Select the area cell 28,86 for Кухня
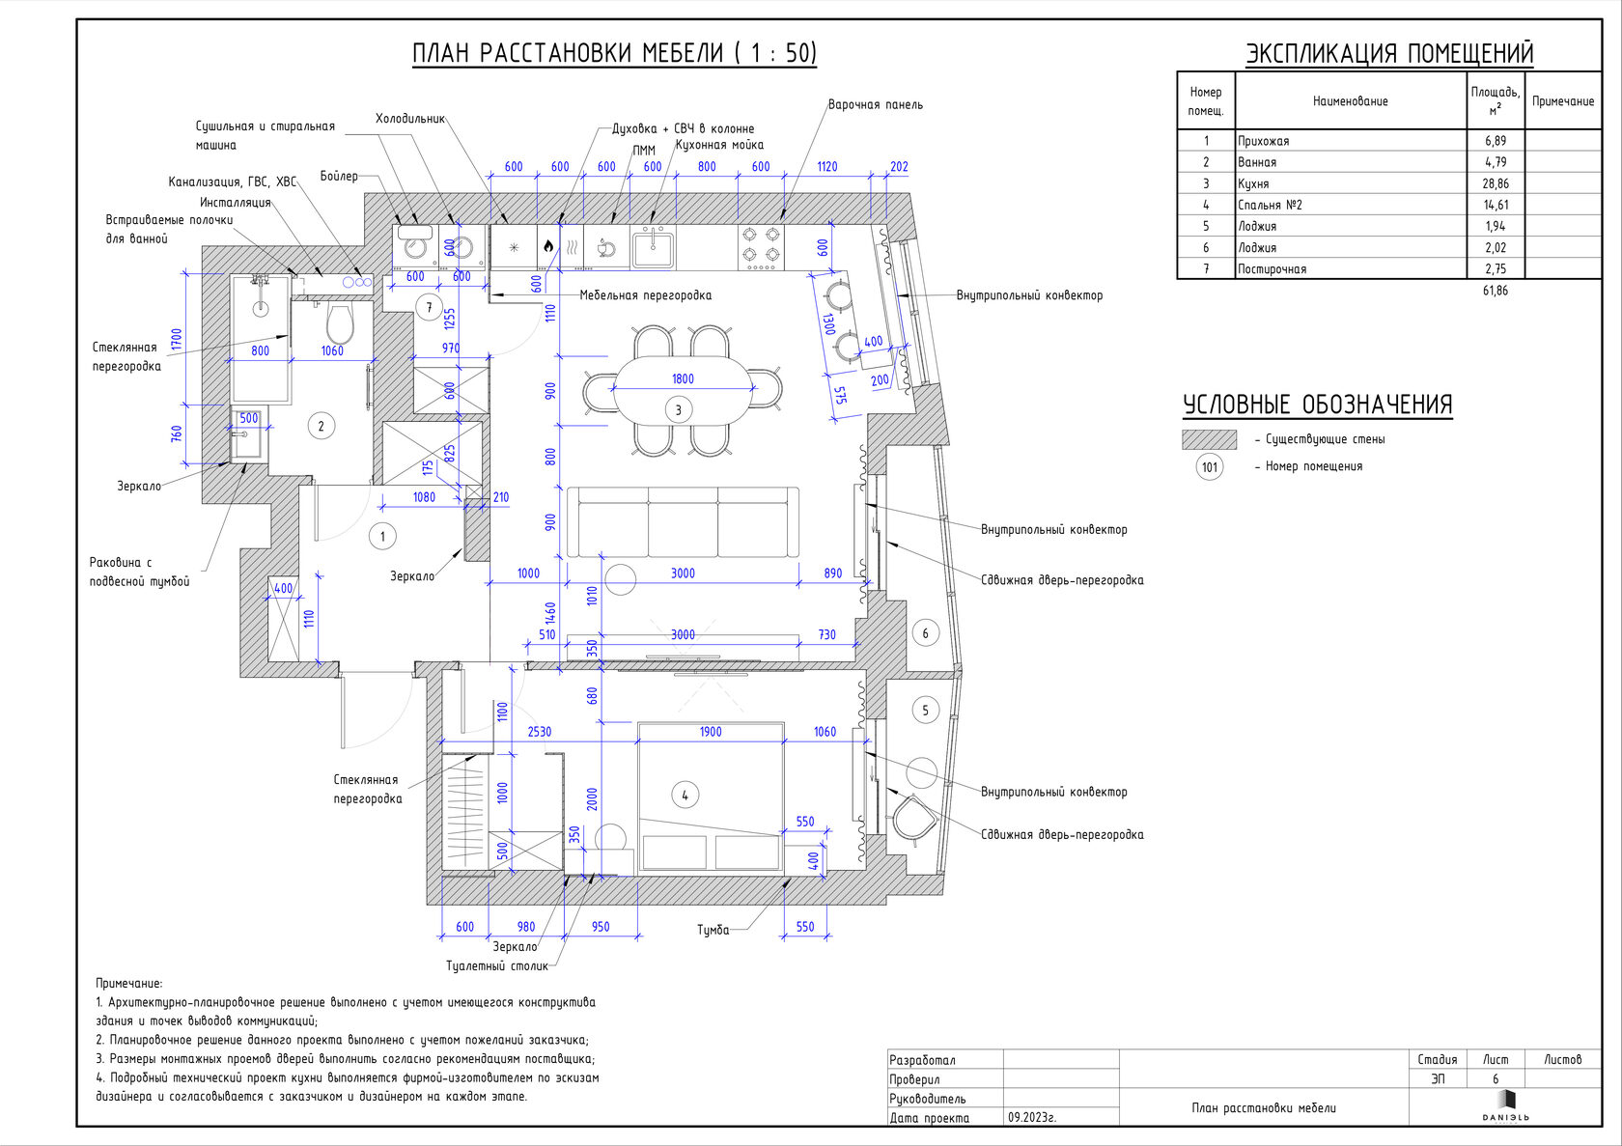tap(1496, 183)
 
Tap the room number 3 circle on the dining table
tap(678, 410)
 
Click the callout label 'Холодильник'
tap(410, 119)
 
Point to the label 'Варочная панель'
tap(875, 104)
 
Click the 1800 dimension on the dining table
tap(683, 378)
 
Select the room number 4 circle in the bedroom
tap(685, 796)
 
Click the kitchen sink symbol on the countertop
tap(654, 248)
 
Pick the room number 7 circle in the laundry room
tap(429, 308)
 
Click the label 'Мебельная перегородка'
tap(645, 295)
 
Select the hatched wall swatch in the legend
tap(1209, 439)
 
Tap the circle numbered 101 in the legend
tap(1210, 467)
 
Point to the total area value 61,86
tap(1496, 291)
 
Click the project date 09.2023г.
tap(1032, 1117)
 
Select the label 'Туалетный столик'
tap(496, 965)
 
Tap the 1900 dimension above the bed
tap(711, 732)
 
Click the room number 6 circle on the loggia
tap(925, 633)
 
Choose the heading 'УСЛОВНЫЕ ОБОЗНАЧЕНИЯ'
tap(1317, 405)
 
